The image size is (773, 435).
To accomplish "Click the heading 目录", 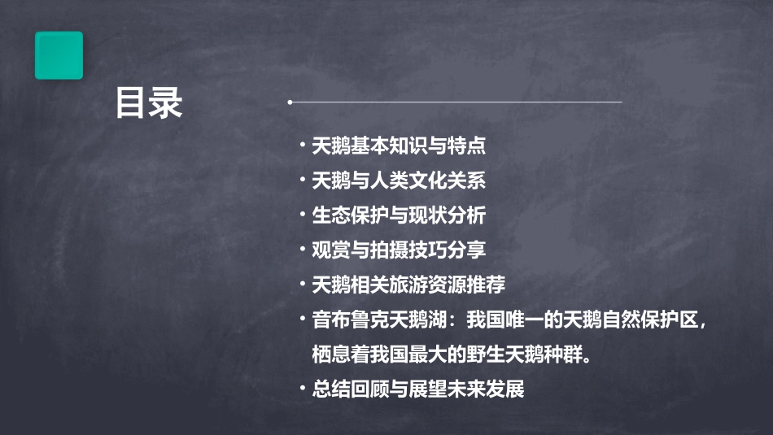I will (x=149, y=104).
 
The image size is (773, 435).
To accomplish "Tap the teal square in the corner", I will (x=59, y=55).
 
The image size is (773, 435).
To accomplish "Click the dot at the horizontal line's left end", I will (x=290, y=102).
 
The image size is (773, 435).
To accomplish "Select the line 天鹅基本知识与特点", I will (x=399, y=146).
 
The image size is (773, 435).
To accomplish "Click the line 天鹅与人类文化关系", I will (x=399, y=181).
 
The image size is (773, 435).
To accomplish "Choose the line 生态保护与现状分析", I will (x=399, y=215).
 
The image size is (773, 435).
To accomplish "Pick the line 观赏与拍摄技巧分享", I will (x=399, y=250).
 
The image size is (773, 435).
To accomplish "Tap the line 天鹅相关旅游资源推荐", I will (x=408, y=285).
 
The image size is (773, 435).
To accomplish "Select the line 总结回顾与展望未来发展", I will (x=418, y=389).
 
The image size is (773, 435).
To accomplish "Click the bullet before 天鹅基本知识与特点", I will (x=303, y=146).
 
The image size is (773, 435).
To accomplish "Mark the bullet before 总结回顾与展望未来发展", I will (x=303, y=389).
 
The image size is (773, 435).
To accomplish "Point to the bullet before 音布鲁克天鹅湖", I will (x=303, y=320).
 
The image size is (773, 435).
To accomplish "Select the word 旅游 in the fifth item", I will (x=428, y=285).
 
